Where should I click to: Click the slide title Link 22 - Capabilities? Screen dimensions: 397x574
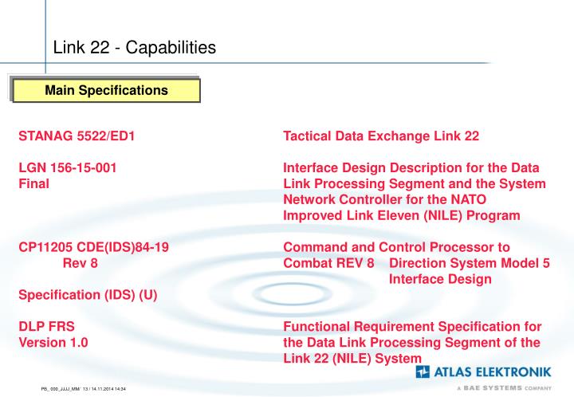pyautogui.click(x=134, y=48)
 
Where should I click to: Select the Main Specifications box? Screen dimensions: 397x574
pyautogui.click(x=106, y=90)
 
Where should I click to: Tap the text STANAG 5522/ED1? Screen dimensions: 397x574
pyautogui.click(x=77, y=136)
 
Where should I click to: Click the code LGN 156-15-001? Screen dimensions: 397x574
pyautogui.click(x=69, y=168)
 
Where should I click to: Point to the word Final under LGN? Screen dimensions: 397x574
pyautogui.click(x=34, y=183)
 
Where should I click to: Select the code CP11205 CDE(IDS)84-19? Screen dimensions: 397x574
pyautogui.click(x=93, y=248)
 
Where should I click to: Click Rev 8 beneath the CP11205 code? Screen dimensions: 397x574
pyautogui.click(x=80, y=263)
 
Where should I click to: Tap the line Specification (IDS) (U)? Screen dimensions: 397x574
pyautogui.click(x=88, y=295)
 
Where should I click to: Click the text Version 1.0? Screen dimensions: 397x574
pyautogui.click(x=53, y=343)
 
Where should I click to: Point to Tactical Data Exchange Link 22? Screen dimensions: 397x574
pyautogui.click(x=381, y=136)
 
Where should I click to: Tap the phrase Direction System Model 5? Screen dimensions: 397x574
pyautogui.click(x=470, y=263)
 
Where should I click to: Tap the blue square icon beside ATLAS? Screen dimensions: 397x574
pyautogui.click(x=423, y=372)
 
